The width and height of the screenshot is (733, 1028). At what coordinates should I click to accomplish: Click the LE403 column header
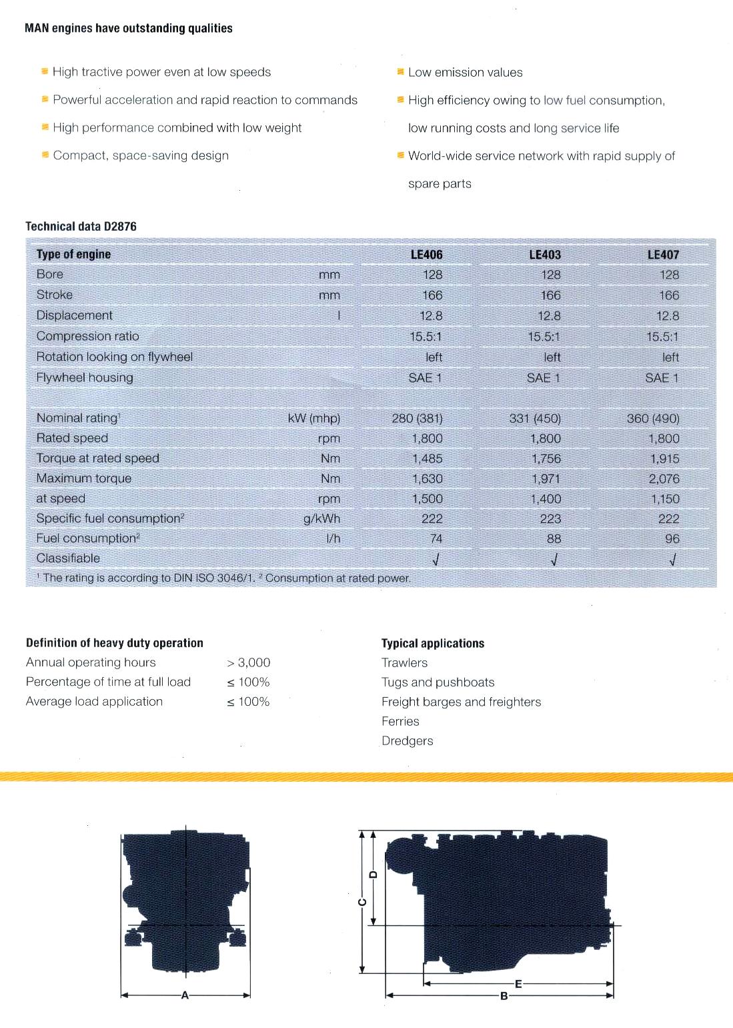544,254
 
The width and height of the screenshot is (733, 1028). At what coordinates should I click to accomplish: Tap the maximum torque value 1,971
546,478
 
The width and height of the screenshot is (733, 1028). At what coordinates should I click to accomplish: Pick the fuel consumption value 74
436,538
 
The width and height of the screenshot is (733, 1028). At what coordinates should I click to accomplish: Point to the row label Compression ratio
87,336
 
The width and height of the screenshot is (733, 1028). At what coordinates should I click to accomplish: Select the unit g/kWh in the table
321,518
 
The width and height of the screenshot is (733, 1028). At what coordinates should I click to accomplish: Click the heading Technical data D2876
81,226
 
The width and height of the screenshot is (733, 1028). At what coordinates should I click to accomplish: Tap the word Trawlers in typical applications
404,662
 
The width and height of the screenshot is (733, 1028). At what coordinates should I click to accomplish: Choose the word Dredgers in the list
407,740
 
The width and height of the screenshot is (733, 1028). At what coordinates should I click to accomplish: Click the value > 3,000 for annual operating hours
248,662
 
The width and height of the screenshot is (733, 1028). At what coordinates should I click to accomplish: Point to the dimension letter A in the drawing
185,995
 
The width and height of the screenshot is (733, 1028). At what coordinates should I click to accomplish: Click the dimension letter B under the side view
504,996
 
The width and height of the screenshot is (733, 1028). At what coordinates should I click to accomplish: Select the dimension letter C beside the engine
362,903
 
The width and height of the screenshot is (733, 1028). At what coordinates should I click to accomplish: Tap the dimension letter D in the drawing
374,874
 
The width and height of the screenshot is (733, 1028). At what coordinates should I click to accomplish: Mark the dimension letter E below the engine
518,983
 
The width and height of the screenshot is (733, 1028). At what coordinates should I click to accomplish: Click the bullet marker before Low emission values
400,71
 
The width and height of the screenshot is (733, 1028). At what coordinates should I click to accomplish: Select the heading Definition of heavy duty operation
115,643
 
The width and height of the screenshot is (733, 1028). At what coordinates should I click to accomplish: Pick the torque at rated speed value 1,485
427,458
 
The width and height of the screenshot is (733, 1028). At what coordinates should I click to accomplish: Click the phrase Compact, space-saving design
141,155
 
